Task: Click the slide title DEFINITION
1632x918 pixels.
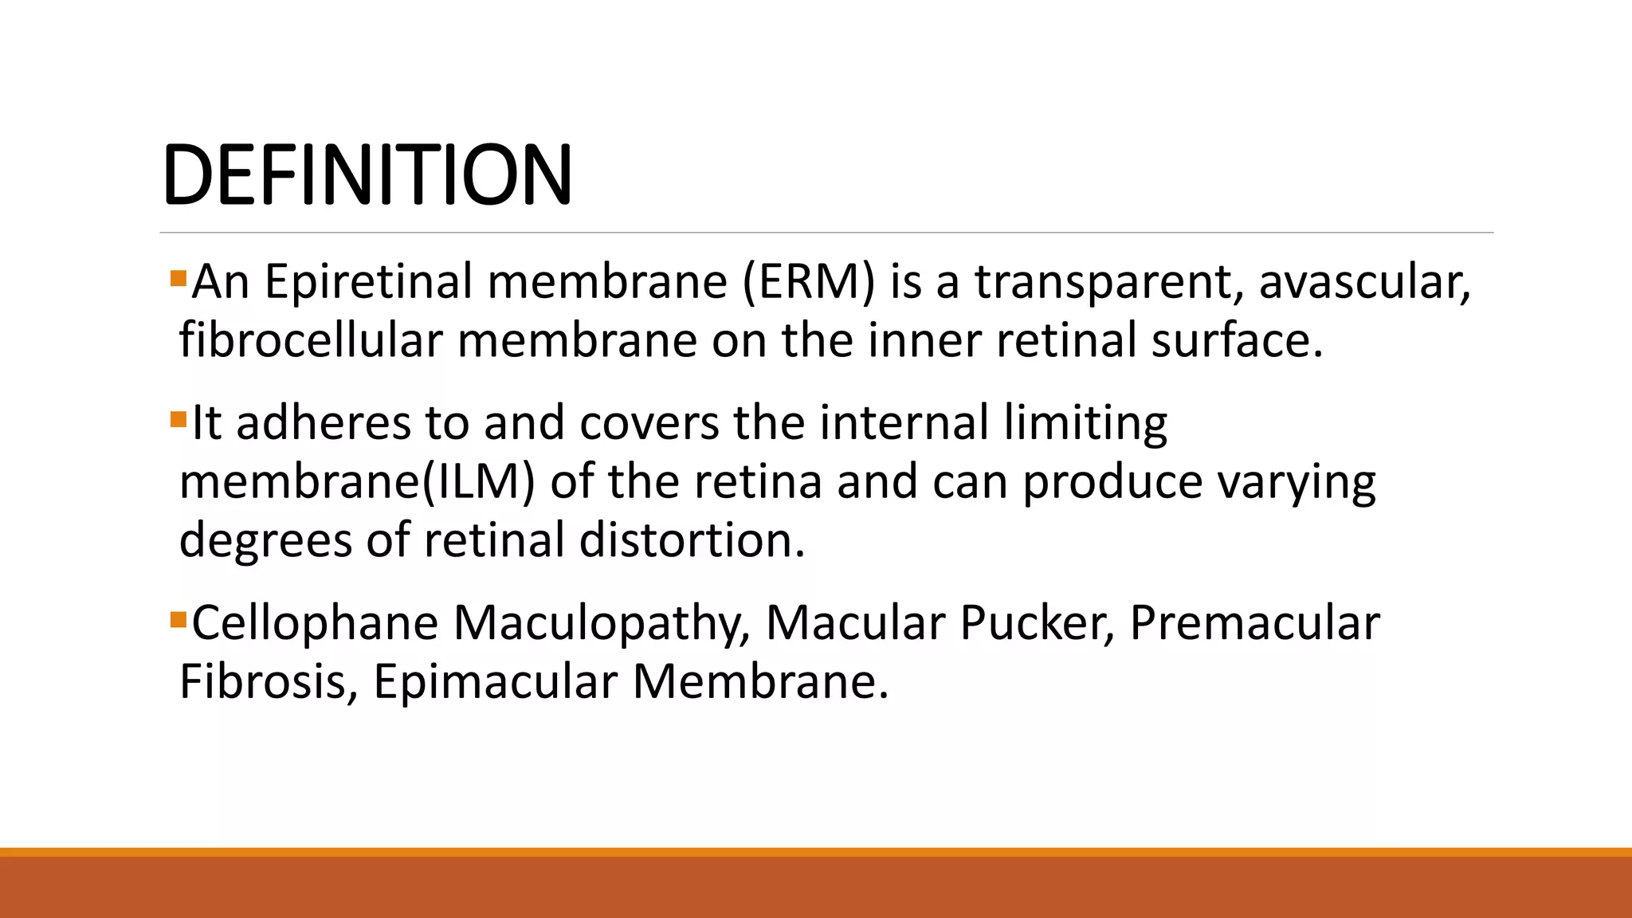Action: tap(367, 175)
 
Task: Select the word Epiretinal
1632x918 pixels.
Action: tap(367, 282)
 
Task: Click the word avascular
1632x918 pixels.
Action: tap(1363, 282)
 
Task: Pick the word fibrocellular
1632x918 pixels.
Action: tap(310, 340)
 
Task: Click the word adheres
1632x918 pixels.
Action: tap(323, 422)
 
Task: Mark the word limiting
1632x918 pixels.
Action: tap(1085, 422)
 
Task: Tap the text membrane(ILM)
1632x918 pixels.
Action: tap(357, 482)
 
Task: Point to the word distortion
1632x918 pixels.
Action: tap(692, 540)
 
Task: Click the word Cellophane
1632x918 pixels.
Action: tap(315, 623)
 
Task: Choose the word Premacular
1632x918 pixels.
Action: tap(1254, 623)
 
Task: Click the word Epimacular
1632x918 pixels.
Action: tap(495, 682)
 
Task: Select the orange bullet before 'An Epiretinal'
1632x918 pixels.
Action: tap(178, 279)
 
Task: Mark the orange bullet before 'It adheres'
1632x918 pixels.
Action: tap(178, 419)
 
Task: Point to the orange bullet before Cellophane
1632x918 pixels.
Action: tap(178, 619)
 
